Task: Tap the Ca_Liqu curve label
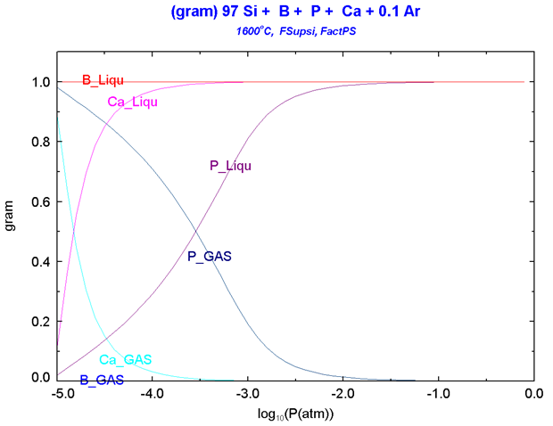point(133,102)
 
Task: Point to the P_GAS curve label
point(210,257)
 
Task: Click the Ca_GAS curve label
point(125,360)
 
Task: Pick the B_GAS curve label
point(102,380)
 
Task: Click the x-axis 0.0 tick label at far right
point(534,392)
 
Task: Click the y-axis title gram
point(11,231)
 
